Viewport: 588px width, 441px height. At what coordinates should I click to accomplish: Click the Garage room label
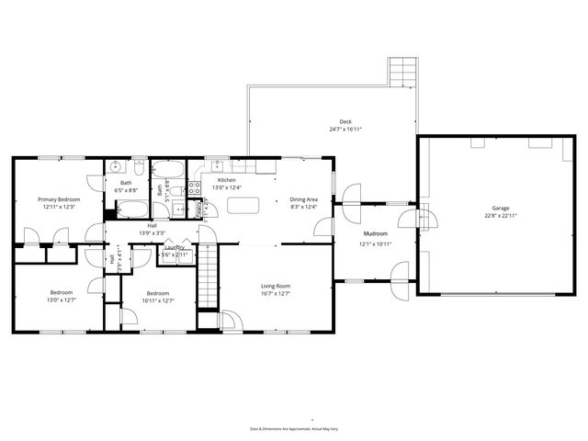tap(501, 209)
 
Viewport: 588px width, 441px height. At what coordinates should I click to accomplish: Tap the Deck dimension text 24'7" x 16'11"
tap(345, 130)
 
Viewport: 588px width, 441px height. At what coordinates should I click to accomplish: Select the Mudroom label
tap(375, 234)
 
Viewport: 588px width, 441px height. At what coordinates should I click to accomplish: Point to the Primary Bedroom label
tap(59, 198)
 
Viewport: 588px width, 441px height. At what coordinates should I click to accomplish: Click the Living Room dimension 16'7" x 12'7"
tap(275, 294)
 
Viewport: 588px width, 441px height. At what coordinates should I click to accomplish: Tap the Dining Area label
tap(303, 198)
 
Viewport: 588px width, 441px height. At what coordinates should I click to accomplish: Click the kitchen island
tap(242, 205)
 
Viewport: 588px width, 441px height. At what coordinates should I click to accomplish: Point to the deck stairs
tap(401, 72)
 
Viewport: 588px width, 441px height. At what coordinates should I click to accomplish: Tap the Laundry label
tap(175, 247)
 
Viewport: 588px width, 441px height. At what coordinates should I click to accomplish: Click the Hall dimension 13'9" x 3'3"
tap(152, 232)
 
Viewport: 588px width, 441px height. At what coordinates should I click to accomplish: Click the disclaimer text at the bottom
tap(294, 428)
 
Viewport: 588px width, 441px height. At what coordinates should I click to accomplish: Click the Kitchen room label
tap(226, 179)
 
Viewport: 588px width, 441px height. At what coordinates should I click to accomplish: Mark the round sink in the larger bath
tap(116, 166)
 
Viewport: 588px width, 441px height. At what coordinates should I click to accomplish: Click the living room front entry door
tap(232, 322)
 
